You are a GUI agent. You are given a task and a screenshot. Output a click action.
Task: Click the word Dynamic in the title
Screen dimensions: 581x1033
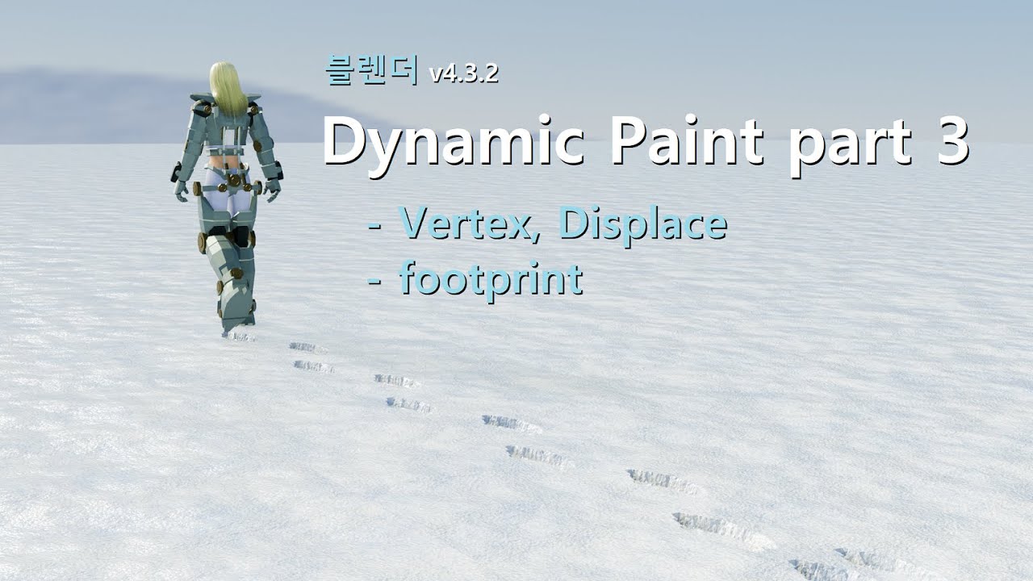(x=457, y=143)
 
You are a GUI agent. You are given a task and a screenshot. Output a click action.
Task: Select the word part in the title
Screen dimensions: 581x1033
(x=848, y=145)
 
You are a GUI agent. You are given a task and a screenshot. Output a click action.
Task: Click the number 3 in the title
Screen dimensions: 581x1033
(x=953, y=143)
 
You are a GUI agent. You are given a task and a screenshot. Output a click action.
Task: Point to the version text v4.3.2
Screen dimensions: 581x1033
(x=464, y=74)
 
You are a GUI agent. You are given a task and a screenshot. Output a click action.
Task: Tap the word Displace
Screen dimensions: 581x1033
(x=642, y=224)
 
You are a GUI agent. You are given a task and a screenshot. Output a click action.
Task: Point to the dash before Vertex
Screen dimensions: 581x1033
(x=374, y=226)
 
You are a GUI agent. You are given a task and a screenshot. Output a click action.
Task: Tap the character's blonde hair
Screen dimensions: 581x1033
(x=228, y=87)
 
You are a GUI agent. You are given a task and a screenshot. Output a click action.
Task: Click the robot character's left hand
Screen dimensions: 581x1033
(x=182, y=190)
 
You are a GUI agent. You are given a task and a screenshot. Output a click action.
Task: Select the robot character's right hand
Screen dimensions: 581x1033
(x=274, y=189)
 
